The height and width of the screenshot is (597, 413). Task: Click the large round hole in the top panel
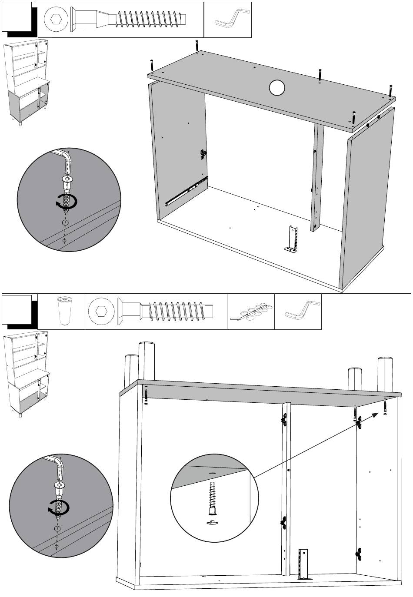click(276, 88)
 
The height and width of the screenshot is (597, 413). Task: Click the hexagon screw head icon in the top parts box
click(57, 20)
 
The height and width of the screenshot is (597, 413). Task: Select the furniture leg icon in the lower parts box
click(64, 311)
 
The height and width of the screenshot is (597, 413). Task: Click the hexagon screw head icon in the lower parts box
click(101, 312)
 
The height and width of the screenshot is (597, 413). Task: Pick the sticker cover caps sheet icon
click(251, 312)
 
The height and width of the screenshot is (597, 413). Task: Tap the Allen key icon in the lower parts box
click(302, 311)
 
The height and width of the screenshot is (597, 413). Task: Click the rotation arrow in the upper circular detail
click(67, 202)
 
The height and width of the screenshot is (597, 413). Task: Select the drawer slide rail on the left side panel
click(185, 192)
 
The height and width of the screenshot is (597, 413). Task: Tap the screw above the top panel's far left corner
click(151, 66)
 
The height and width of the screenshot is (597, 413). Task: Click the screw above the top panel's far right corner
click(391, 91)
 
